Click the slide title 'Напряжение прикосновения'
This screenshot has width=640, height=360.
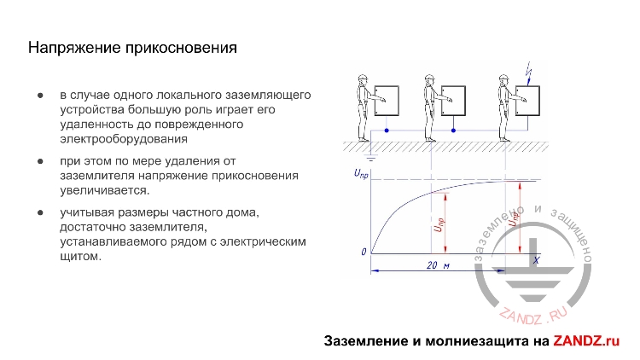pyautogui.click(x=132, y=48)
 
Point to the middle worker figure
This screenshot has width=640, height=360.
pyautogui.click(x=430, y=106)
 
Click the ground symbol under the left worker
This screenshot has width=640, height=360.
pyautogui.click(x=369, y=157)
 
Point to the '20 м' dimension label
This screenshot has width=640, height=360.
pyautogui.click(x=437, y=266)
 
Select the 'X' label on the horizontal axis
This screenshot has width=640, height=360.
pyautogui.click(x=536, y=259)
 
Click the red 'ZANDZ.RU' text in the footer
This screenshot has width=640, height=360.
pyautogui.click(x=586, y=341)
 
